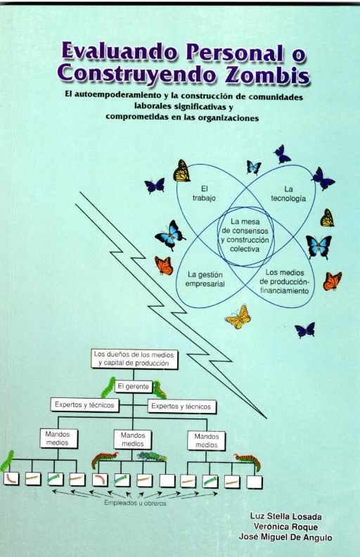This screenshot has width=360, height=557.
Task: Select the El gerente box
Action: [x=133, y=386]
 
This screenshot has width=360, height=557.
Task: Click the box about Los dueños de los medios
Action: [x=134, y=359]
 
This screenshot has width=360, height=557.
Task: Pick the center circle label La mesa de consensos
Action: [x=245, y=235]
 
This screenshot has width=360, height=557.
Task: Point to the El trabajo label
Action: [x=204, y=193]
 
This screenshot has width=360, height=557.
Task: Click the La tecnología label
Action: [x=288, y=193]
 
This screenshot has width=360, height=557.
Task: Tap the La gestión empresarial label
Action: [x=205, y=279]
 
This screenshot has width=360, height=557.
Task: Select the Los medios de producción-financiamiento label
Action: [x=285, y=281]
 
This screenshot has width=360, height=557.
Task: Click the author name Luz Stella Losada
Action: [x=285, y=516]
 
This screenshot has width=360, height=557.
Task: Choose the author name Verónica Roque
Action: [x=285, y=527]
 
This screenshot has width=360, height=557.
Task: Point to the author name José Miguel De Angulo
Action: [x=285, y=537]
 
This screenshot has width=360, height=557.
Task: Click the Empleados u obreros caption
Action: [x=135, y=503]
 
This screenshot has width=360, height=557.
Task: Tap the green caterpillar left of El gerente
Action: [x=108, y=388]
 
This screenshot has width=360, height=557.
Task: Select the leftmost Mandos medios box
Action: [x=58, y=438]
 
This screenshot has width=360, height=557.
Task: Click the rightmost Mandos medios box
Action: [x=207, y=440]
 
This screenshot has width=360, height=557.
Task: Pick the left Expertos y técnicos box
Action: [x=84, y=405]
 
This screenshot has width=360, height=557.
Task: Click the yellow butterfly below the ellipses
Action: [x=238, y=316]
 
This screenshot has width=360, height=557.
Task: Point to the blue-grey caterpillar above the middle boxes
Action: [x=152, y=456]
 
